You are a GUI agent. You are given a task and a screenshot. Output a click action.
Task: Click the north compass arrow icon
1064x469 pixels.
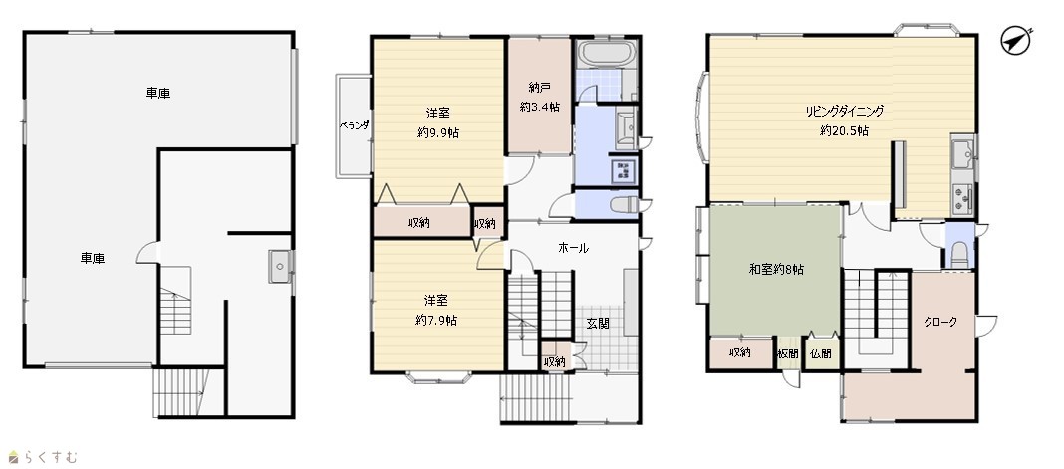[x=1016, y=41]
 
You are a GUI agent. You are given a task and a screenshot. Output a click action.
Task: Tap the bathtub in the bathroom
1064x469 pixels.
[x=607, y=53]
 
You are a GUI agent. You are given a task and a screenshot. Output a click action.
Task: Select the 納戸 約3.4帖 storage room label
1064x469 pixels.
[x=539, y=97]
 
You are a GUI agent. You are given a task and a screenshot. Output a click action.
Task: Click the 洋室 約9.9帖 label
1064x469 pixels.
[x=437, y=122]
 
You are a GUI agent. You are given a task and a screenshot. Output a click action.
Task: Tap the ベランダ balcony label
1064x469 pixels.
[x=354, y=125]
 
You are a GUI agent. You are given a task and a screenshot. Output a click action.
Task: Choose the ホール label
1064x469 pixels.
[x=573, y=248]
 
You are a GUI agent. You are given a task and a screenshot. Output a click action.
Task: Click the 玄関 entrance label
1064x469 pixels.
[x=597, y=324]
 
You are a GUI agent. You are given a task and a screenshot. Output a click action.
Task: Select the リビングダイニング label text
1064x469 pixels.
[x=844, y=111]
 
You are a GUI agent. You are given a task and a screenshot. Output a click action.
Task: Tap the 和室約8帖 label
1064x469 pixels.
[x=776, y=269]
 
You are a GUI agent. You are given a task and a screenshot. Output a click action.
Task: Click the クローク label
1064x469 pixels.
[x=940, y=322]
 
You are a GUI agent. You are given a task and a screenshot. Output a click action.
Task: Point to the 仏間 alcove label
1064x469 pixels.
[x=820, y=353]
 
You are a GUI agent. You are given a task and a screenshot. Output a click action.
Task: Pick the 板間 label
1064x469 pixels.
[x=788, y=353]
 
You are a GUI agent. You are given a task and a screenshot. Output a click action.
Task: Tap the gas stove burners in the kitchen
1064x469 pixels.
[x=963, y=198]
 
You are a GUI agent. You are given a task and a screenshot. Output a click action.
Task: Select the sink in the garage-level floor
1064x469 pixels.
[x=280, y=266]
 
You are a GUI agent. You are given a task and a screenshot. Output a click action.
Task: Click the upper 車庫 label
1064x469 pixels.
[x=158, y=93]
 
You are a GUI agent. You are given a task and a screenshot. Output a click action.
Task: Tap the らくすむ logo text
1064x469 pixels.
[x=42, y=457]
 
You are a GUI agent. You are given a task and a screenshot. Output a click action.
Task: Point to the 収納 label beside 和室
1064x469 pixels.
[x=739, y=352]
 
